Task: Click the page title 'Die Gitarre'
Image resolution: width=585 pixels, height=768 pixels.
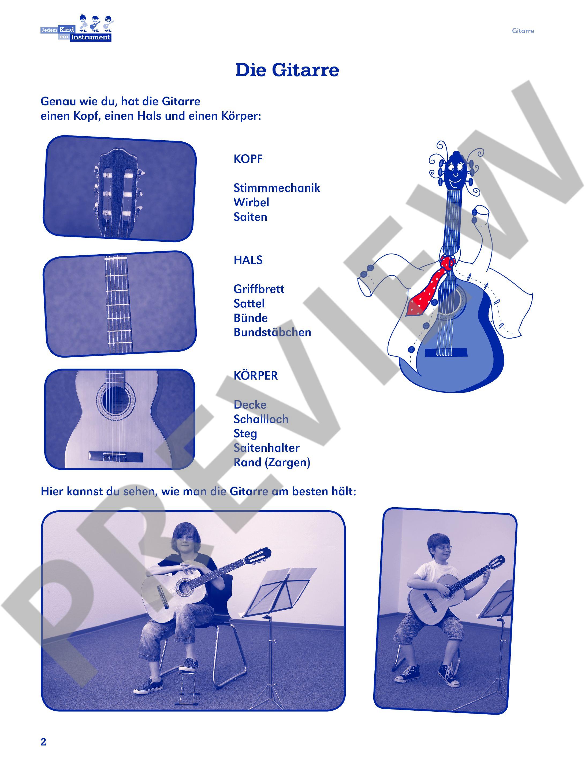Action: (x=287, y=70)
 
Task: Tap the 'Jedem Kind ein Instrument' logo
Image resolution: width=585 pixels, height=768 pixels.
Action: (x=77, y=28)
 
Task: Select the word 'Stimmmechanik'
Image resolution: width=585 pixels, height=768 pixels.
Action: (x=277, y=188)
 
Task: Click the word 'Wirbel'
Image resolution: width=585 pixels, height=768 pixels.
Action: (x=251, y=202)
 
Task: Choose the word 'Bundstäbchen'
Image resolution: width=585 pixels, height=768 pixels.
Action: (x=272, y=332)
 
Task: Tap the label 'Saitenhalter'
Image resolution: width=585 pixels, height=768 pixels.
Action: (x=266, y=448)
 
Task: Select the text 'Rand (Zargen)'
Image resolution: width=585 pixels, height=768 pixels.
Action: (x=272, y=463)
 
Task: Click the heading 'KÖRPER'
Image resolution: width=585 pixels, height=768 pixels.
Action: (x=256, y=376)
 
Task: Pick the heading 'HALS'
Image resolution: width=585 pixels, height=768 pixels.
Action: (x=248, y=260)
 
